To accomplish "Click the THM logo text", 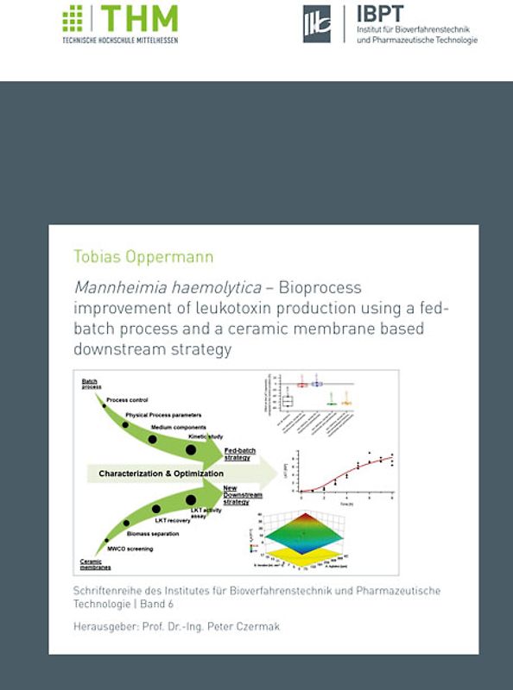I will click(140, 18).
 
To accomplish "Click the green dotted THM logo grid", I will click(73, 18).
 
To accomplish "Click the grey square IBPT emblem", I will click(317, 23).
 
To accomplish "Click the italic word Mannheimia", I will click(114, 287).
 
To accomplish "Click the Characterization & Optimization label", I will click(161, 474).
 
